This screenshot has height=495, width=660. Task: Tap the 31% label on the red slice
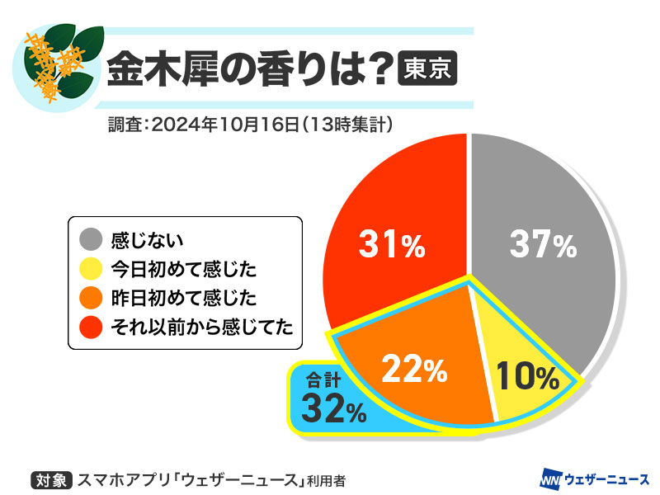[x=391, y=244]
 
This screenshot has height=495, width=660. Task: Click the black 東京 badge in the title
[x=427, y=68]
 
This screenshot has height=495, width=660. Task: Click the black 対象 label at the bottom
[x=52, y=478]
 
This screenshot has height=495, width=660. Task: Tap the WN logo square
[x=550, y=478]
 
